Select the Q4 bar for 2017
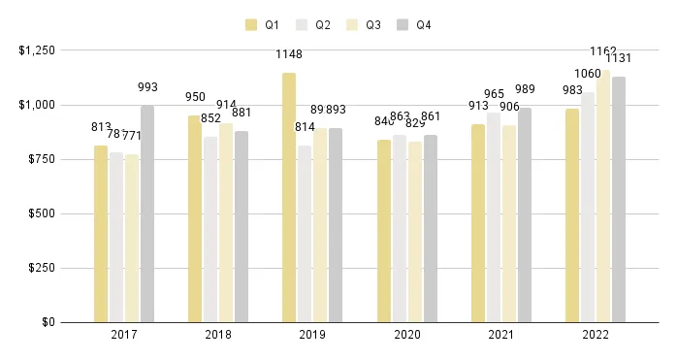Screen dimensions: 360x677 pyautogui.click(x=147, y=213)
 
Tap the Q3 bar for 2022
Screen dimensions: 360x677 pyautogui.click(x=603, y=195)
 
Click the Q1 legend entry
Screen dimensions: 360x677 pyautogui.click(x=262, y=25)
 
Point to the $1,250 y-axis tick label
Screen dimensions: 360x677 pyautogui.click(x=36, y=49)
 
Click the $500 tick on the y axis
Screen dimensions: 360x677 pyautogui.click(x=42, y=213)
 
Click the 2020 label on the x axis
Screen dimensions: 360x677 pyautogui.click(x=407, y=335)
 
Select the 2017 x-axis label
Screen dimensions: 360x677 pyautogui.click(x=124, y=335)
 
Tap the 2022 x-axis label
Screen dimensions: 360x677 pyautogui.click(x=596, y=335)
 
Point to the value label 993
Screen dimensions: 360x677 pyautogui.click(x=147, y=87)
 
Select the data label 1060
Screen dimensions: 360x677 pyautogui.click(x=588, y=74)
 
